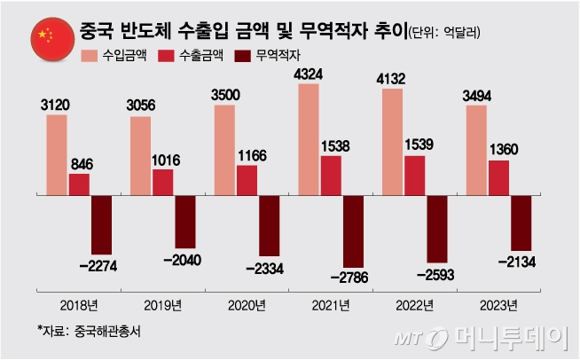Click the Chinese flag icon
coord(44,35)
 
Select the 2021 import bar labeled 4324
coord(309,138)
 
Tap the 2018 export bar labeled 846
coord(79,184)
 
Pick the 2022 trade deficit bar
coord(436,227)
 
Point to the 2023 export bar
coord(498,176)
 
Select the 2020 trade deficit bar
coord(269,224)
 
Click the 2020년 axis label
coord(246,306)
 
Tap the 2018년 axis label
coord(79,306)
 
